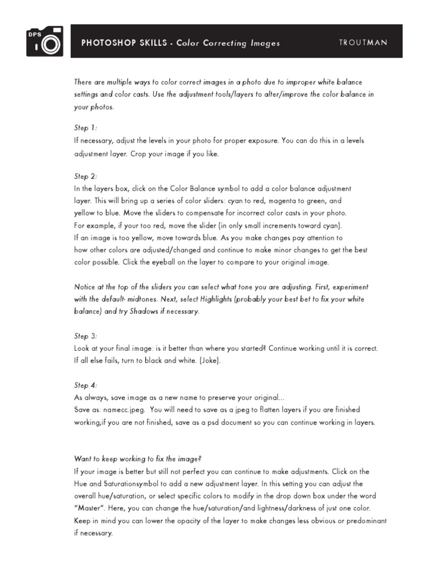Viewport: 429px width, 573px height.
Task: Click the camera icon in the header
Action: tap(45, 41)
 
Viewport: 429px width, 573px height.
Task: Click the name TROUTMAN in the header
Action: tap(363, 43)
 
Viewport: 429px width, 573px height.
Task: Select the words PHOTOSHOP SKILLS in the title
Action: tap(123, 43)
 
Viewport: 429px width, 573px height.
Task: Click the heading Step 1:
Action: tap(85, 128)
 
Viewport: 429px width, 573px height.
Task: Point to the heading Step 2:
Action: tap(85, 176)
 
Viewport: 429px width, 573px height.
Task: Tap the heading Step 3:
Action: tap(85, 336)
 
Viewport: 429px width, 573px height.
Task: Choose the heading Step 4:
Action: tap(85, 385)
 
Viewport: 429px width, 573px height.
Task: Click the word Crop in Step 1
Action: tap(139, 153)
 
